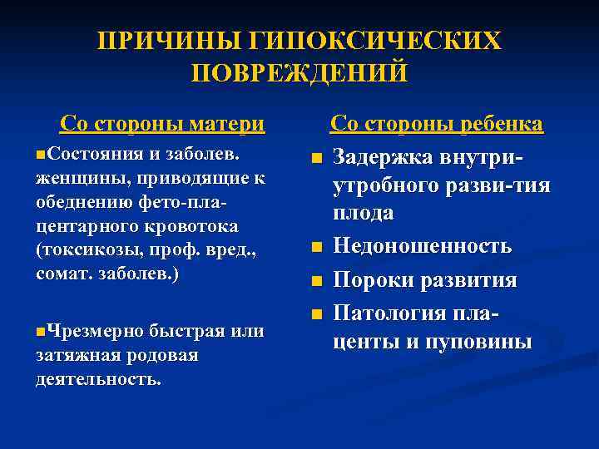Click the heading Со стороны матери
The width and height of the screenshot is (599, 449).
click(x=162, y=125)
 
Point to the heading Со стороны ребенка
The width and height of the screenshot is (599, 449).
click(x=437, y=125)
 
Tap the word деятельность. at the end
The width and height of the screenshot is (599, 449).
click(x=99, y=379)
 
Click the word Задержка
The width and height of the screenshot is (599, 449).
click(x=384, y=156)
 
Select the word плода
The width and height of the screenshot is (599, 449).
click(x=364, y=213)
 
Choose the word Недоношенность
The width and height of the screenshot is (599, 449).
click(x=423, y=245)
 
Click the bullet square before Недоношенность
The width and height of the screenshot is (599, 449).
click(x=316, y=247)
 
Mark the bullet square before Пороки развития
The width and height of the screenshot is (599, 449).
click(x=316, y=281)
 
